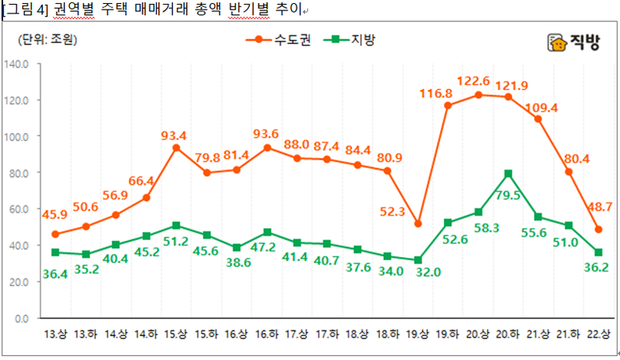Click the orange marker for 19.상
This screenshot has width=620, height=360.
[418, 224]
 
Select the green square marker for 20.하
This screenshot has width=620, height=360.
[508, 174]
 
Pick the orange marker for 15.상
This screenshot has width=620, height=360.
[176, 148]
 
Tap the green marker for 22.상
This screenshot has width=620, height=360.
[598, 252]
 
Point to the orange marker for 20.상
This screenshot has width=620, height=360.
[478, 95]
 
